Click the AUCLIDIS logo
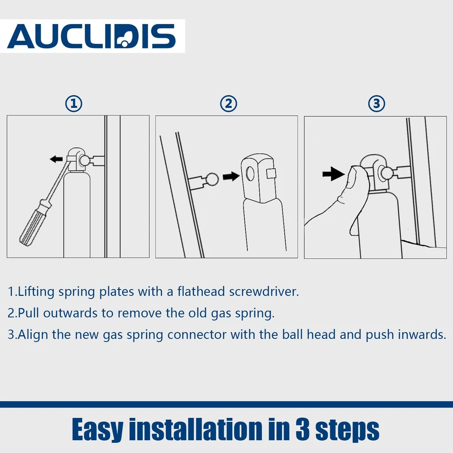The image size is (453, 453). click(x=92, y=36)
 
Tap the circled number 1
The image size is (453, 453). click(x=74, y=104)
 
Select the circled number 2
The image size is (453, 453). click(x=228, y=104)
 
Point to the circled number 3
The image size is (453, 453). click(x=376, y=104)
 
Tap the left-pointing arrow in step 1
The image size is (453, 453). click(x=56, y=159)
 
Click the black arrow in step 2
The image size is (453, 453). click(x=231, y=176)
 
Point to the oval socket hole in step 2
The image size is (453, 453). click(x=250, y=174)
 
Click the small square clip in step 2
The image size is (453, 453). click(x=271, y=173)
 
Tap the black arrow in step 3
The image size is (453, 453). click(x=334, y=173)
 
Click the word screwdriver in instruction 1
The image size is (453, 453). click(x=264, y=291)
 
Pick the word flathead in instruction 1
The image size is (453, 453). click(x=201, y=291)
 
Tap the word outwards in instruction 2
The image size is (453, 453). click(x=70, y=313)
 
